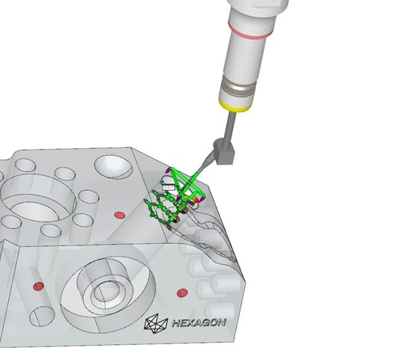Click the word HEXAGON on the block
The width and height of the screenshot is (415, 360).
199,323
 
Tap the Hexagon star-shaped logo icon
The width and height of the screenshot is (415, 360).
156,323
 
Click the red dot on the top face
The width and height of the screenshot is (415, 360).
120,215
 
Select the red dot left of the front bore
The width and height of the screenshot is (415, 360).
39,286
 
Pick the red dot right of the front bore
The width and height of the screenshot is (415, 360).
182,293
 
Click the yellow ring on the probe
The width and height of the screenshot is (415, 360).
234,106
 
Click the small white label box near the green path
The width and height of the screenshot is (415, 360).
169,187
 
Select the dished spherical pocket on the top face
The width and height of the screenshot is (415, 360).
114,167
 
